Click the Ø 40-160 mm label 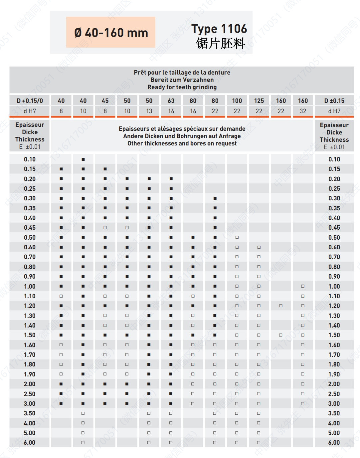[x=111, y=33]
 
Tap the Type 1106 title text [x=219, y=29]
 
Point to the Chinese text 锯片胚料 [x=221, y=44]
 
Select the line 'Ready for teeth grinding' [x=182, y=87]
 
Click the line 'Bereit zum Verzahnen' [x=182, y=80]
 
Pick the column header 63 [x=171, y=101]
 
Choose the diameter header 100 [x=237, y=101]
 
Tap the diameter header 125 [x=259, y=101]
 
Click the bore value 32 [x=303, y=111]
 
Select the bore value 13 [x=149, y=111]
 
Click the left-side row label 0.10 [x=30, y=159]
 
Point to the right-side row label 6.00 [x=334, y=443]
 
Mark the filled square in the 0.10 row [x=83, y=159]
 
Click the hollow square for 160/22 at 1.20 [x=281, y=306]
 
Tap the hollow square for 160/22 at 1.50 [x=281, y=335]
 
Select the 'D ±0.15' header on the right [x=334, y=101]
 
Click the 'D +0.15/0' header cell [x=30, y=101]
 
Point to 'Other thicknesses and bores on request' [x=182, y=143]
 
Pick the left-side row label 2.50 [x=30, y=394]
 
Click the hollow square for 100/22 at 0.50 [x=237, y=237]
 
